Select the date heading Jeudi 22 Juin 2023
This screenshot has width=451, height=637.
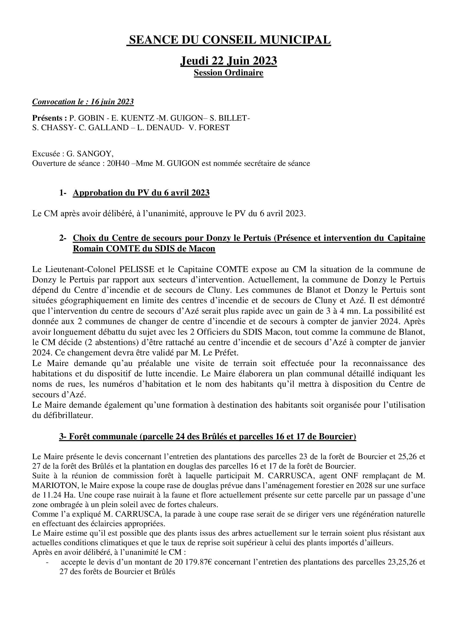[228, 60]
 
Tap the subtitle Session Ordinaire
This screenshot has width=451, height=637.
[228, 73]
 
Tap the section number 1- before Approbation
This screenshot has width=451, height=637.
[63, 193]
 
